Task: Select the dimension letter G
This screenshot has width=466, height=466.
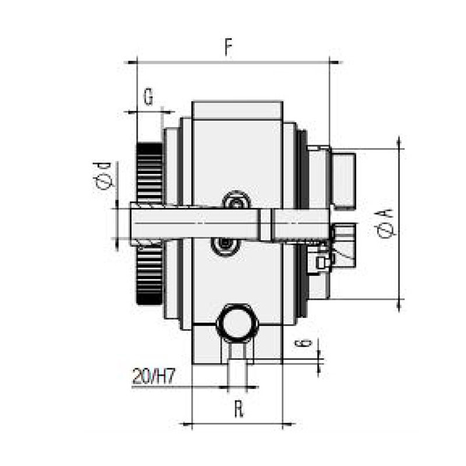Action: pos(149,97)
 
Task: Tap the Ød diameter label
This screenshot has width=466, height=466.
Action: pos(104,175)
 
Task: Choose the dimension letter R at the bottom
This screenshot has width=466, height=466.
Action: pos(238,410)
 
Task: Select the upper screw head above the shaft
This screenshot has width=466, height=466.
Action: pos(236,202)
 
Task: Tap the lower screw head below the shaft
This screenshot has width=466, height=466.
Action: pos(225,245)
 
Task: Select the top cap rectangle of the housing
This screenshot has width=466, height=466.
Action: pos(237,110)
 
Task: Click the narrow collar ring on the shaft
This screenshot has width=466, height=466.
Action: pos(265,225)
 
